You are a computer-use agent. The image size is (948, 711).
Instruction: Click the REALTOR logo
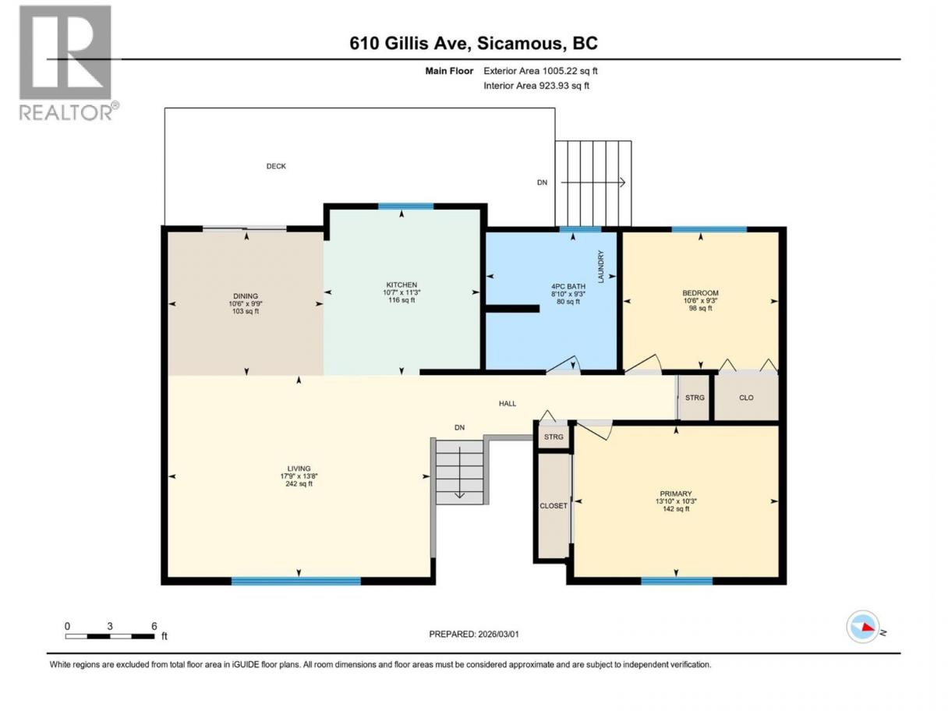click(69, 62)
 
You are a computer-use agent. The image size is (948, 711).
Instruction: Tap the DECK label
click(276, 166)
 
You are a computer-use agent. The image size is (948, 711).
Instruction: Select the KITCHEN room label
click(401, 285)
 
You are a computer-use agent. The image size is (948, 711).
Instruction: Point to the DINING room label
click(246, 296)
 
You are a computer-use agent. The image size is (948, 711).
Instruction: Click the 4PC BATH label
click(568, 286)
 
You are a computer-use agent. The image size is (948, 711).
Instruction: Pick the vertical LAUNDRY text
click(600, 267)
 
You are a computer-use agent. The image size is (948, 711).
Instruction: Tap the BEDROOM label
click(701, 293)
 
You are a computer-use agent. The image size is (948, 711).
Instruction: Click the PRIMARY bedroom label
click(676, 493)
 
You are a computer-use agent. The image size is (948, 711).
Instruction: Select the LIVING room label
click(299, 469)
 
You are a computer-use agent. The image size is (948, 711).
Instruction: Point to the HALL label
click(508, 404)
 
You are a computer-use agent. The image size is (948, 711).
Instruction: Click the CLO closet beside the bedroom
click(746, 398)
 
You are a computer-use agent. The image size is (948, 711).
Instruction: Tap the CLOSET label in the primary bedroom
click(554, 505)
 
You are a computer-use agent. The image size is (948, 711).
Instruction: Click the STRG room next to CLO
click(695, 398)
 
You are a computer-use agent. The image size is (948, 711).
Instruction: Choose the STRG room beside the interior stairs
click(554, 437)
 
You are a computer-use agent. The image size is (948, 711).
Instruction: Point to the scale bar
click(110, 636)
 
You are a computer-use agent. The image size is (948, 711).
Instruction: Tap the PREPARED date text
click(474, 634)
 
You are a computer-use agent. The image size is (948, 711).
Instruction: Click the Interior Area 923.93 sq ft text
click(536, 86)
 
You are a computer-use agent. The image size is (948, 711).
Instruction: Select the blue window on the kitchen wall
click(405, 207)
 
